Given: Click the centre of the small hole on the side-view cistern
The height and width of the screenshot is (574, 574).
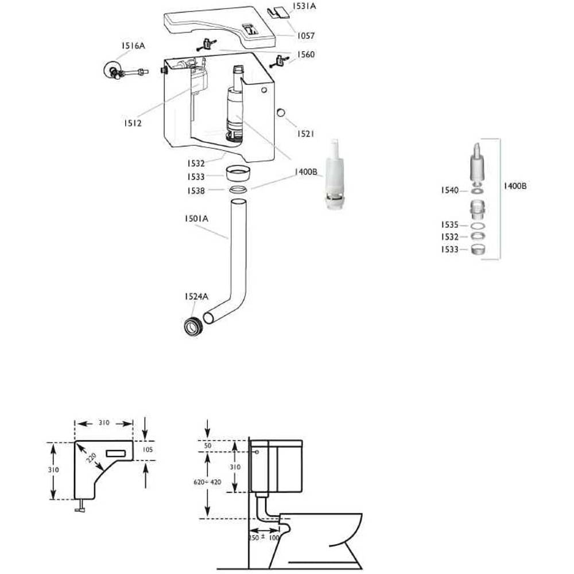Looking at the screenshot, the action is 257,452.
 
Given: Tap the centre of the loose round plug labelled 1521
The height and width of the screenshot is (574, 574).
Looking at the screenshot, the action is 281,113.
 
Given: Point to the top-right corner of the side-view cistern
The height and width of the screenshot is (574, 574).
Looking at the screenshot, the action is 302,440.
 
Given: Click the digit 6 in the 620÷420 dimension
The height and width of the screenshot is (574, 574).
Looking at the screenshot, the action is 196,482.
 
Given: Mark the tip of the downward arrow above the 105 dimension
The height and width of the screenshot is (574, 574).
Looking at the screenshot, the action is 146,440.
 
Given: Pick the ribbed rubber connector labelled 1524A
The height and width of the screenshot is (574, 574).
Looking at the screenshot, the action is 192,325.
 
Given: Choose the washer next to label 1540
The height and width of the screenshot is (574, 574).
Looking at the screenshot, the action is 476,191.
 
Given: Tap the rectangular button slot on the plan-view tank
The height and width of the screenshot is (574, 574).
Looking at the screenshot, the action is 116,453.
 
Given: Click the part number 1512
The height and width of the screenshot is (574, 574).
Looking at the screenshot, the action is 133,123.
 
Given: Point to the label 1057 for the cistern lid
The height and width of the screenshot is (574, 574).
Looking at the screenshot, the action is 306,36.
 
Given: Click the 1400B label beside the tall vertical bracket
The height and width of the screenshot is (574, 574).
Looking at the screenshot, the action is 515,186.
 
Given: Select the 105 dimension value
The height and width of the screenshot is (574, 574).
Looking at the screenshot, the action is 147,449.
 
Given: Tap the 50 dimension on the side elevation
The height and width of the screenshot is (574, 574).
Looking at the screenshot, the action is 208,445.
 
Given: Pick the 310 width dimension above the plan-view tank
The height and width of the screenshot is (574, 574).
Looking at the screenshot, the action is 104,422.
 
